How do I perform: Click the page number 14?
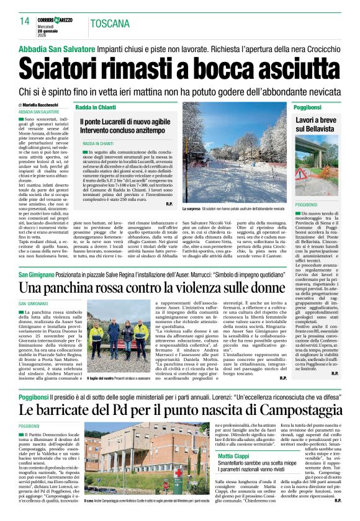pyautogui.click(x=25, y=21)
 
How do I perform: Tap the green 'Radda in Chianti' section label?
pyautogui.click(x=96, y=107)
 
